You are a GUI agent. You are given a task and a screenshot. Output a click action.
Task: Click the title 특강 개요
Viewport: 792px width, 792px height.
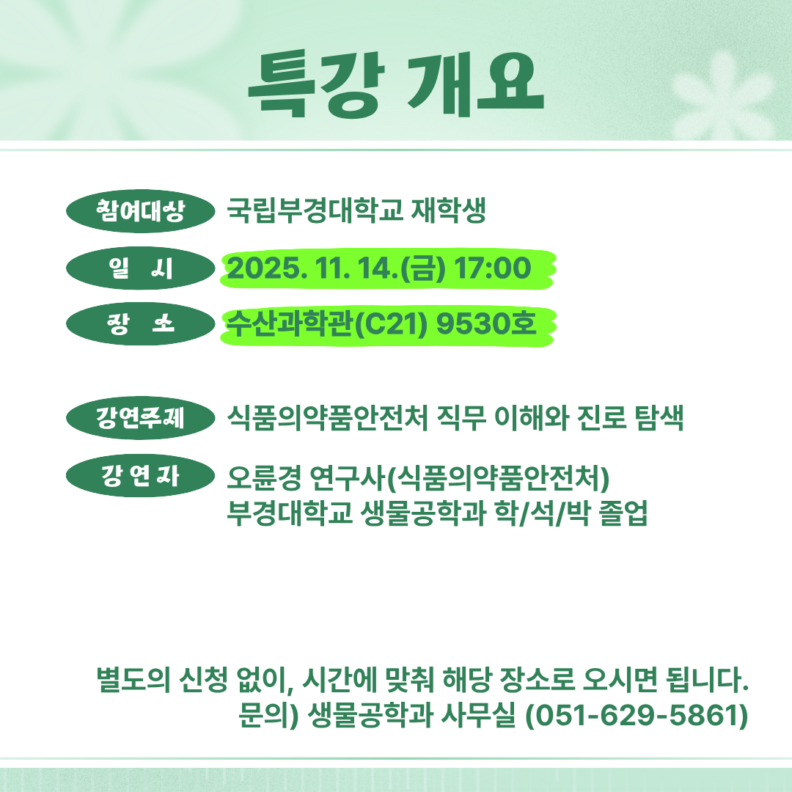pyautogui.click(x=396, y=84)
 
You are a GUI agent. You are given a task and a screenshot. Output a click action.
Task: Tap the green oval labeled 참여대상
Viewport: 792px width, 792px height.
pyautogui.click(x=140, y=211)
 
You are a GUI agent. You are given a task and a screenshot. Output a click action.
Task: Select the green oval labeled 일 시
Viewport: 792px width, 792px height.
pyautogui.click(x=140, y=268)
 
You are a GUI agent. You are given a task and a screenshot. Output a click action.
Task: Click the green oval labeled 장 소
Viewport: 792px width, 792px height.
pyautogui.click(x=140, y=324)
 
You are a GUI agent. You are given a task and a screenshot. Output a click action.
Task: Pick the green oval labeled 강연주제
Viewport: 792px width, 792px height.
pyautogui.click(x=140, y=418)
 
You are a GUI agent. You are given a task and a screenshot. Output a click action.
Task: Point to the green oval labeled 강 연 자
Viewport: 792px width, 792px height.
pyautogui.click(x=140, y=475)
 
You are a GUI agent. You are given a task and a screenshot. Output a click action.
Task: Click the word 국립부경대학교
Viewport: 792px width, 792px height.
pyautogui.click(x=315, y=210)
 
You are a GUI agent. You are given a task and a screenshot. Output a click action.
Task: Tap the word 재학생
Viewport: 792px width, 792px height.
pyautogui.click(x=449, y=210)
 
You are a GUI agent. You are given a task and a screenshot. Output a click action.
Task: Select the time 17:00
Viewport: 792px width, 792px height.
pyautogui.click(x=493, y=268)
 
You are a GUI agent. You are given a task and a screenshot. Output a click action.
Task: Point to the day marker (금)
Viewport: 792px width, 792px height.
pyautogui.click(x=423, y=268)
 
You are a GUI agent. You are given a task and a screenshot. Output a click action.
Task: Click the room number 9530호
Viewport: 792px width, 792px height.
pyautogui.click(x=486, y=324)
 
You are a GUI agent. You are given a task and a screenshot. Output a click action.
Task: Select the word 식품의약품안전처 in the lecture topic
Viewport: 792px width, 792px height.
pyautogui.click(x=327, y=418)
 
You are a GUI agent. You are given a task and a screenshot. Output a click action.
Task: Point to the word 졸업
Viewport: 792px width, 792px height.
pyautogui.click(x=623, y=513)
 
